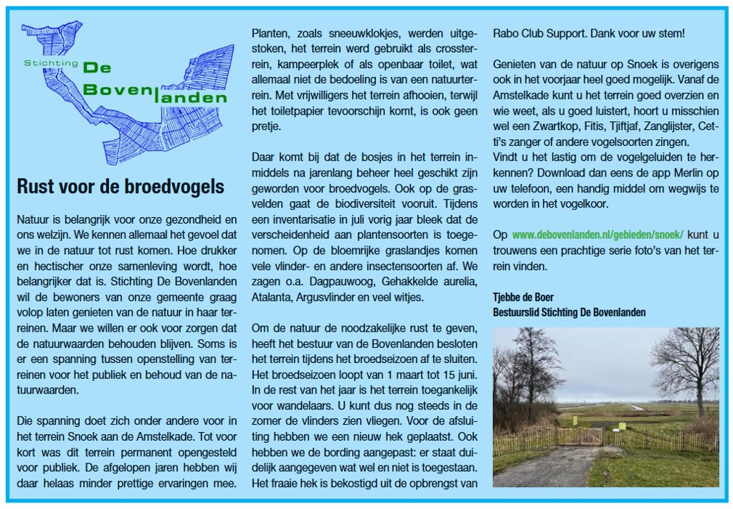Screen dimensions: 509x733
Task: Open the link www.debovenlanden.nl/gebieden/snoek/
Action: click(598, 235)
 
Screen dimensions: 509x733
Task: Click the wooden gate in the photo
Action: click(578, 436)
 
